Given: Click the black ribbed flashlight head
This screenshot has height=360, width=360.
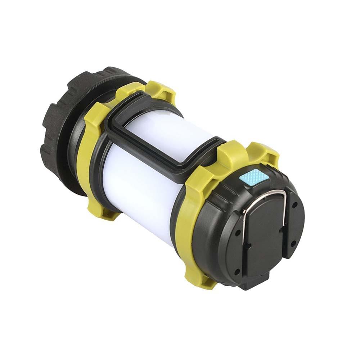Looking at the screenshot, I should tap(61, 119).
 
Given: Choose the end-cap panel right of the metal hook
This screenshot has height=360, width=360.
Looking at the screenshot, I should tap(293, 223).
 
